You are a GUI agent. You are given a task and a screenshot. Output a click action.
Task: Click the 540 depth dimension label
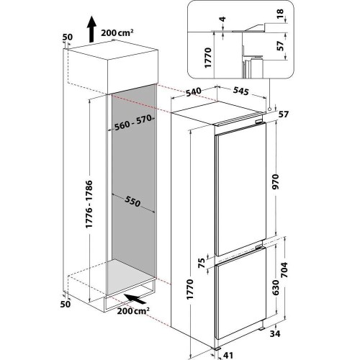pyautogui.click(x=194, y=91)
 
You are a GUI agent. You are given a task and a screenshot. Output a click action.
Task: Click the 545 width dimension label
pyautogui.click(x=240, y=91)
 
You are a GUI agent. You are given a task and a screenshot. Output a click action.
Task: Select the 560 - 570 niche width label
pyautogui.click(x=133, y=122)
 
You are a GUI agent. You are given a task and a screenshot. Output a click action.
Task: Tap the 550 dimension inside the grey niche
pyautogui.click(x=132, y=201)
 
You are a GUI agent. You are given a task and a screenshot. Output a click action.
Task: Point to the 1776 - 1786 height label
pyautogui.click(x=89, y=204)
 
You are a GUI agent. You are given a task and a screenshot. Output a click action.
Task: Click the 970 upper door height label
pyautogui.click(x=276, y=181)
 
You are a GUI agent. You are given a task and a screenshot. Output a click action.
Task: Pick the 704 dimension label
pyautogui.click(x=284, y=270)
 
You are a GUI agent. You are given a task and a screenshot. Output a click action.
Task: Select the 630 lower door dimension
pyautogui.click(x=276, y=287)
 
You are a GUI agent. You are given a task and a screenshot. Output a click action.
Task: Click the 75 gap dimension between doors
pyautogui.click(x=202, y=263)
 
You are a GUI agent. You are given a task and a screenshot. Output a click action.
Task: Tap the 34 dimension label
pyautogui.click(x=274, y=333)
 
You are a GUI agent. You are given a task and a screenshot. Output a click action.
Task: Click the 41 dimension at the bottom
pyautogui.click(x=228, y=355)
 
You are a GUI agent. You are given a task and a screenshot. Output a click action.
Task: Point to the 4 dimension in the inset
pyautogui.click(x=223, y=19)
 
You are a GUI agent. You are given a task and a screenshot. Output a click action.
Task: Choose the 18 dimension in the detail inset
pyautogui.click(x=280, y=14)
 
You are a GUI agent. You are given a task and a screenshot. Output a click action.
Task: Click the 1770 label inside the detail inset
pyautogui.click(x=208, y=58)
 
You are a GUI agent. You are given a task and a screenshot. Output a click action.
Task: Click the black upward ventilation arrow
pyautogui.click(x=91, y=29)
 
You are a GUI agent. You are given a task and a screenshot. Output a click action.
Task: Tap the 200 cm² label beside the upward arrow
pyautogui.click(x=117, y=32)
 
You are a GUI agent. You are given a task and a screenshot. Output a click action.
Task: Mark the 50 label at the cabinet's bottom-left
pyautogui.click(x=66, y=304)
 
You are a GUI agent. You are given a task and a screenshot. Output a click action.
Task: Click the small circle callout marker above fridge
pyautogui.click(x=269, y=109)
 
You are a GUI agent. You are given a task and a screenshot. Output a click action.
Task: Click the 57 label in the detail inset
pyautogui.click(x=280, y=46)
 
